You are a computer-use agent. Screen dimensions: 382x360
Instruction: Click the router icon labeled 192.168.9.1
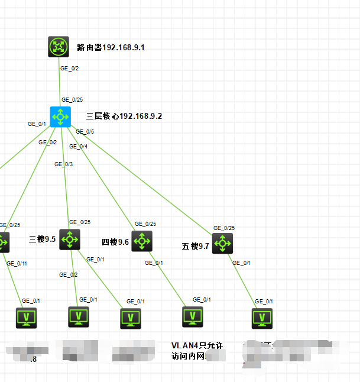coord(59,47)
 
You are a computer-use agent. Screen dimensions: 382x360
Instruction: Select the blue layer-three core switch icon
coord(60,116)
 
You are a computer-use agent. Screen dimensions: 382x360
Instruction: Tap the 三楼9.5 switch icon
coord(70,239)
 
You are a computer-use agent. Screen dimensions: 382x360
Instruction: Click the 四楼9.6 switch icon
coord(142,241)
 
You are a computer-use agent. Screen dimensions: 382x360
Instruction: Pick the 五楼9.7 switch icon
coord(222,243)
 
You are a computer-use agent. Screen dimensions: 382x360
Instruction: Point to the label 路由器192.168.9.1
coord(111,47)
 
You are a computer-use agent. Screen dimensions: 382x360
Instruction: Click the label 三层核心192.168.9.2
coord(124,116)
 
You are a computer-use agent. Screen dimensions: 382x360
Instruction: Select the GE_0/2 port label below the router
coord(69,69)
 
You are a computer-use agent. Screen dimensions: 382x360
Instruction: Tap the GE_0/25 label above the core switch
coord(72,100)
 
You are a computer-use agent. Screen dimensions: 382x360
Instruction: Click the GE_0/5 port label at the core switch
coord(85,132)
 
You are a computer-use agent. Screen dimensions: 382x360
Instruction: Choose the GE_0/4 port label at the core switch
coord(78,146)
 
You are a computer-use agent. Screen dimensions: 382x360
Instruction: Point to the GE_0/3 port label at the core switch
coord(64,164)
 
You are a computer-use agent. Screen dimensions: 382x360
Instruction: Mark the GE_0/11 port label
coord(17,263)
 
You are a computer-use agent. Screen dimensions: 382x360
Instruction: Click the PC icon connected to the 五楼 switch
coord(262,318)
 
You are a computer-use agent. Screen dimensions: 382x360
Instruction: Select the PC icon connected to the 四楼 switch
coord(193,317)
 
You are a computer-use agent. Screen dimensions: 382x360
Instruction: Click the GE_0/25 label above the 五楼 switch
coord(224,228)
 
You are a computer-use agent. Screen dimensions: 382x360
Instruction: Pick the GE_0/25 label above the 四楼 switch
coord(145,224)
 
